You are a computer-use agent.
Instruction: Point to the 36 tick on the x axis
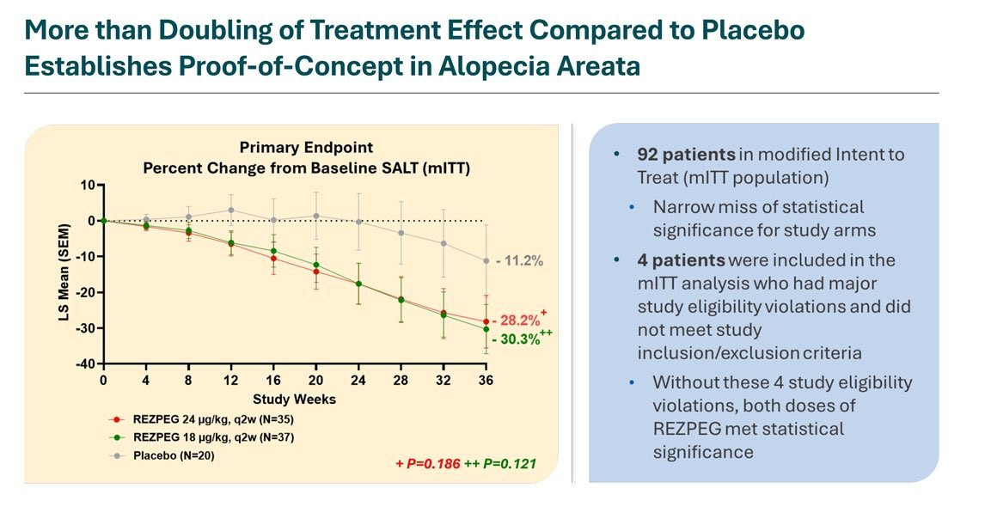(x=486, y=380)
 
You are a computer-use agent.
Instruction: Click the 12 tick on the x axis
(x=231, y=380)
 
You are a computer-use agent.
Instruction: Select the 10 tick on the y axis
(x=87, y=185)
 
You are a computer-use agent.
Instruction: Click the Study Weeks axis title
(x=295, y=399)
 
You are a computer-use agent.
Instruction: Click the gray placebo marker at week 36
(x=486, y=260)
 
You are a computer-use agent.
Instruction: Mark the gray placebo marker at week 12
(x=231, y=210)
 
